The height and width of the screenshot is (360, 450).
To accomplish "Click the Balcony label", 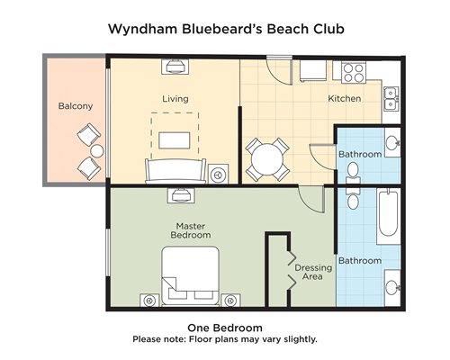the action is tap(76, 106).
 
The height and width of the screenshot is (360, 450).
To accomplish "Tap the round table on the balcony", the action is tap(97, 151).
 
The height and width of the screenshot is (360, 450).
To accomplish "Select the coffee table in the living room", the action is tap(175, 140).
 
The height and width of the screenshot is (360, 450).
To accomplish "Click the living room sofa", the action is tap(175, 171).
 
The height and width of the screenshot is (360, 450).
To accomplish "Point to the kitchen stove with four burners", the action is tap(354, 73).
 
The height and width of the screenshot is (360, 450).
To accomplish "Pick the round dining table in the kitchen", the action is tap(267, 159).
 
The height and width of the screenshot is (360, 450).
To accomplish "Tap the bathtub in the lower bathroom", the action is tap(388, 214).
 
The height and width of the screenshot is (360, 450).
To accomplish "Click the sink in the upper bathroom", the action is tap(392, 142).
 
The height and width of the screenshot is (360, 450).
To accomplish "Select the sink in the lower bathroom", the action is tap(392, 287).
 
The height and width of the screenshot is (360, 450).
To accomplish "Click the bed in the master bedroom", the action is tap(191, 276).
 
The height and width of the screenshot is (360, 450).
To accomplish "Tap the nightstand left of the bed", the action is tap(149, 301).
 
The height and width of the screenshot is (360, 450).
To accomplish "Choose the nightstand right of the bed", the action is tap(230, 301).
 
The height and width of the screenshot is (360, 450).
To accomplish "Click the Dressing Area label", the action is tap(313, 272).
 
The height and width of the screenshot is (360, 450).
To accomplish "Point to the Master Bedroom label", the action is tap(191, 230).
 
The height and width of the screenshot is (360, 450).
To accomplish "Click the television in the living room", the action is tap(175, 67).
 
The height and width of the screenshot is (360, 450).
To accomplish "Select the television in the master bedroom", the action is tap(181, 195).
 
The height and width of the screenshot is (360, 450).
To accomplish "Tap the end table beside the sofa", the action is tap(218, 174).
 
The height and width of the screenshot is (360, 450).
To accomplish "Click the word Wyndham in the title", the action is tap(142, 30).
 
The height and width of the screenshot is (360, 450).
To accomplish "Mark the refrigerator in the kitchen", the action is tap(313, 71).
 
